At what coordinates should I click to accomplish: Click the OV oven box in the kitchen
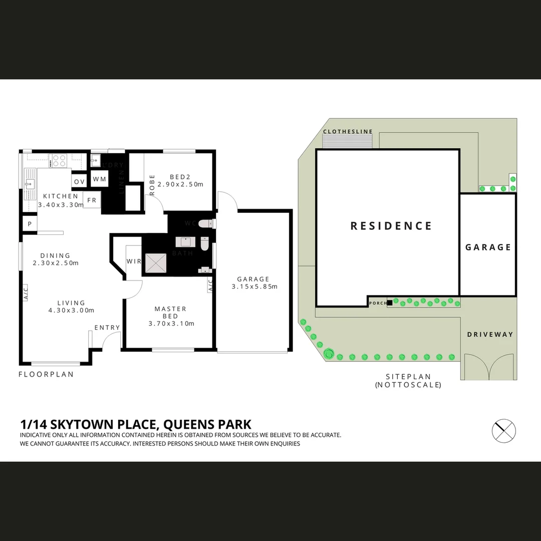79,181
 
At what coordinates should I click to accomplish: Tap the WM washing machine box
99,179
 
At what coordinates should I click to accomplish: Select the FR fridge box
92,200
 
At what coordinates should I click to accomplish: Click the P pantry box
30,224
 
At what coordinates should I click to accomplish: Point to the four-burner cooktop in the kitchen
60,161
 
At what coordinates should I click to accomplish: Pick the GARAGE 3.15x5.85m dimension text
254,287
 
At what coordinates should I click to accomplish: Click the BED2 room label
180,177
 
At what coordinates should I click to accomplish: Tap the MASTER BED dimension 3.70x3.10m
171,324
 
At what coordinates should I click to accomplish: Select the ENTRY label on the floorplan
107,328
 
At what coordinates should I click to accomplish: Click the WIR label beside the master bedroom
134,261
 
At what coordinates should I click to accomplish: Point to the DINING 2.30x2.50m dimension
56,263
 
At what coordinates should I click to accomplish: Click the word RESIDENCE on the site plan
391,226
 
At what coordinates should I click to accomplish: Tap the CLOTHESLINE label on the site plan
348,132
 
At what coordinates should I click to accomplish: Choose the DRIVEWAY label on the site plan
490,334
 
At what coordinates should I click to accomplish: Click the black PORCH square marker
390,302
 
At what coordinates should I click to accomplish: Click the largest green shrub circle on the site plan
329,354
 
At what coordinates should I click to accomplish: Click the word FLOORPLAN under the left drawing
46,374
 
